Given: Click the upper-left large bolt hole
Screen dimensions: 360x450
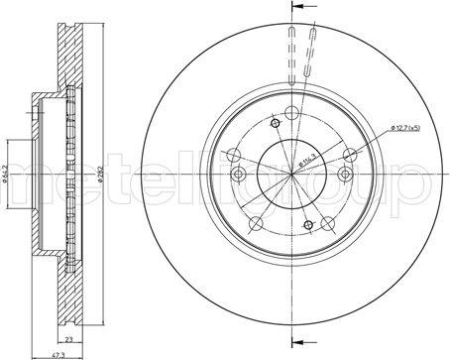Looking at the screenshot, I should coord(234,154).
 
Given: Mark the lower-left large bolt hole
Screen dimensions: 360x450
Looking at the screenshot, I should coord(257,223).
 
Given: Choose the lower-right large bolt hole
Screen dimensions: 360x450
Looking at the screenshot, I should coord(331,223).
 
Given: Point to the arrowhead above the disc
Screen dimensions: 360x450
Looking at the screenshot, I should coord(294,8).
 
